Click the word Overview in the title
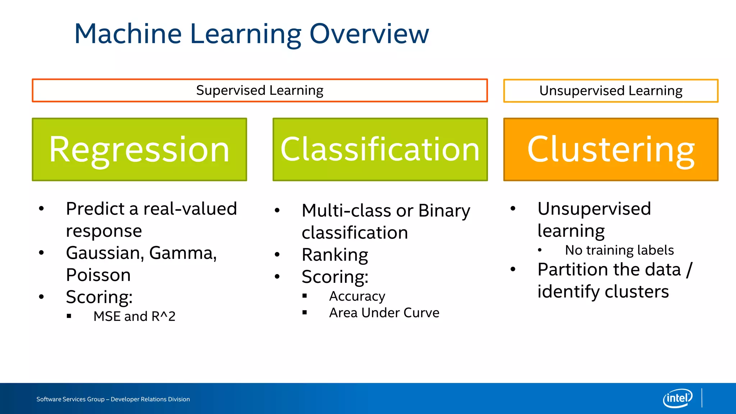coord(369,34)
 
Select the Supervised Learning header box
coord(259,91)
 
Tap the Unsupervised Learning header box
coord(611,91)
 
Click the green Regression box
coord(139,149)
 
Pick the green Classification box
coord(380,149)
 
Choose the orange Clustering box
coord(611,149)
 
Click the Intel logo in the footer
coord(677,398)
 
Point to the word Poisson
coord(98,275)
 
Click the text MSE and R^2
coord(134,317)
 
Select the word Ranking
coord(335,255)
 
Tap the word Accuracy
coord(357,296)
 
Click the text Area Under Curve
coord(384,313)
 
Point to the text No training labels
coord(619,250)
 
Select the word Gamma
coord(182,253)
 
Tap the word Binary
coord(444,211)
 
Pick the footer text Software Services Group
coord(70,399)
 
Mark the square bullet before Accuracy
coord(305,296)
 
